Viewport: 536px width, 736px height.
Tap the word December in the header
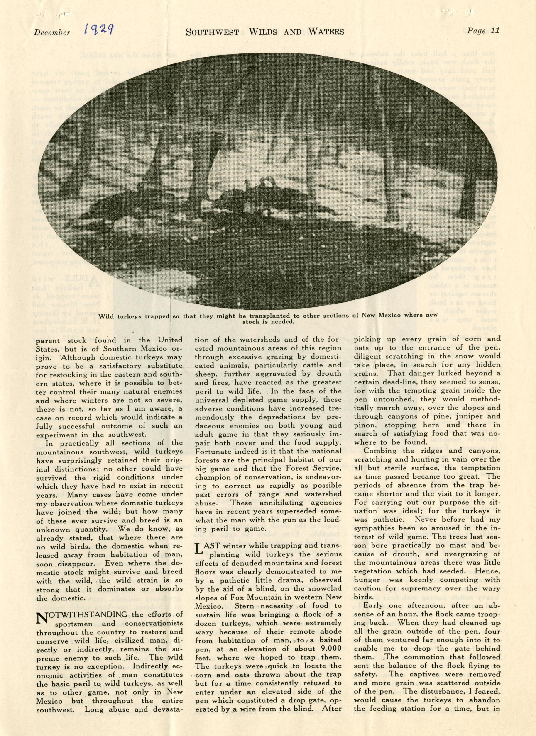point(52,32)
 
